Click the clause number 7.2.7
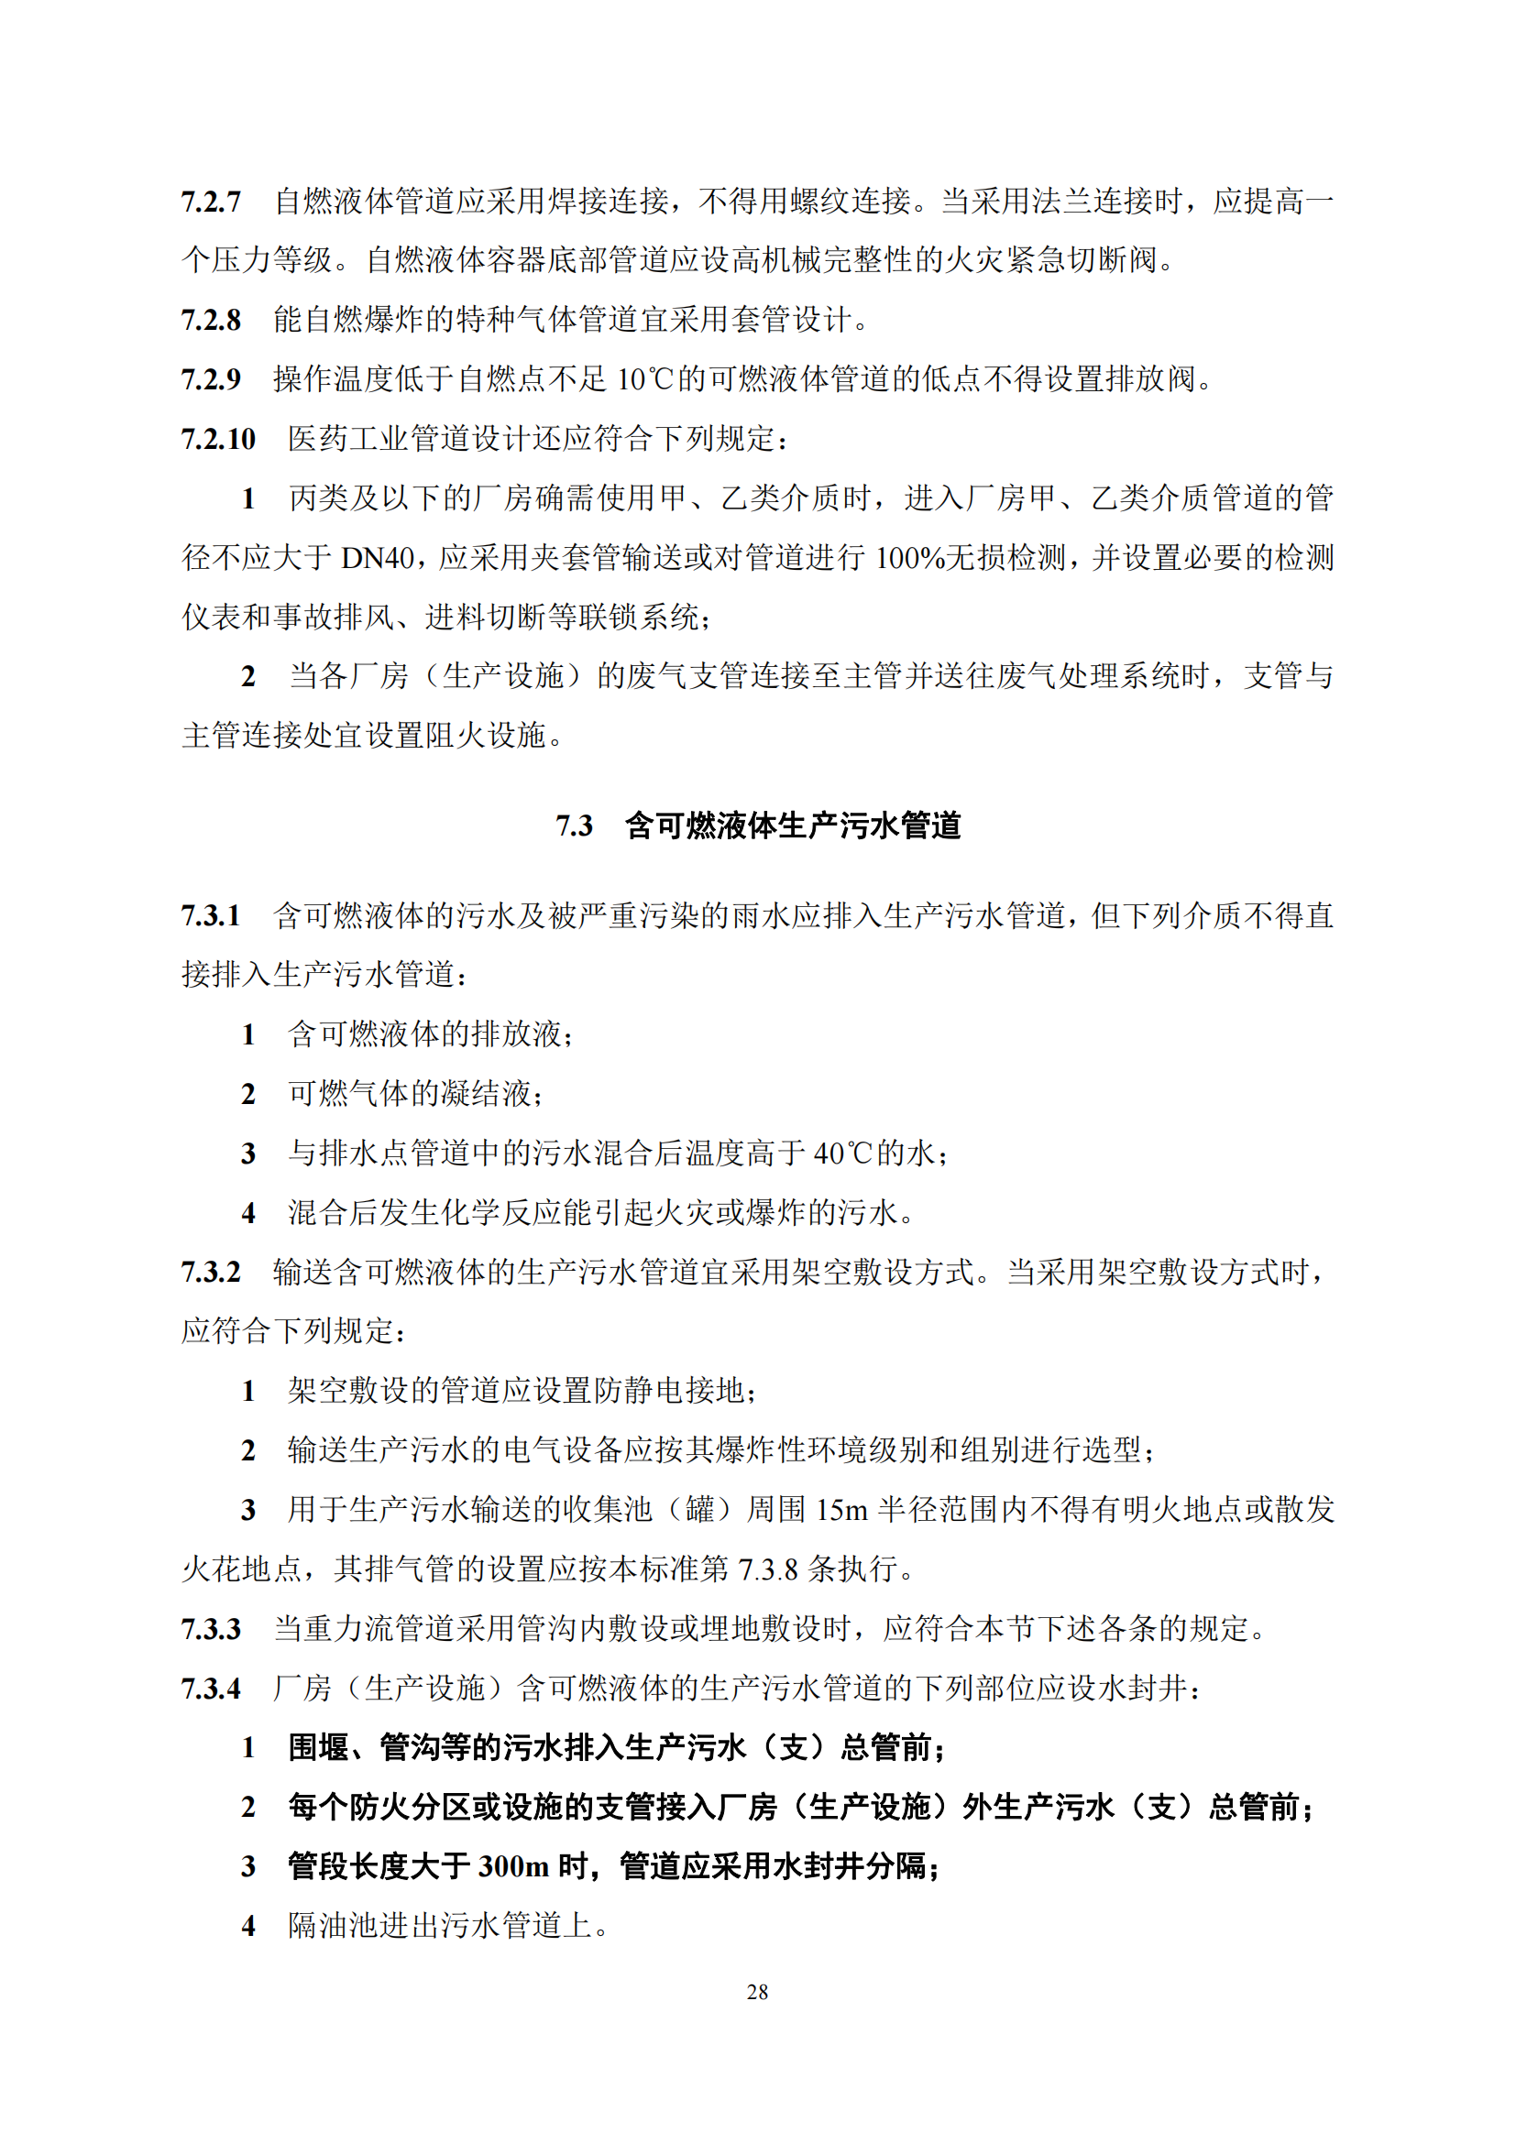[x=211, y=202]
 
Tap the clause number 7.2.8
[x=211, y=320]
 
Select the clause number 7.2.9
[x=211, y=380]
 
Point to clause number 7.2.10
[x=218, y=439]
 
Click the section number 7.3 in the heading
[x=574, y=826]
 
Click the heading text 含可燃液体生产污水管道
[x=793, y=826]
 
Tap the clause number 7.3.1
[x=211, y=915]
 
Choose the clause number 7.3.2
[x=211, y=1273]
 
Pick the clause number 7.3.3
[x=211, y=1629]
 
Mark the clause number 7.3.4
[x=211, y=1689]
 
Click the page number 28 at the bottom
[x=757, y=1992]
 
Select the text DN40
[x=378, y=558]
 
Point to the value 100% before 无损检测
[x=910, y=558]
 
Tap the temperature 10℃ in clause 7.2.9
[x=644, y=380]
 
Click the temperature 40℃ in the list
[x=843, y=1154]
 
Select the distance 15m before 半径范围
[x=842, y=1510]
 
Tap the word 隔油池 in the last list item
[x=334, y=1926]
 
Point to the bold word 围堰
[x=318, y=1747]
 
